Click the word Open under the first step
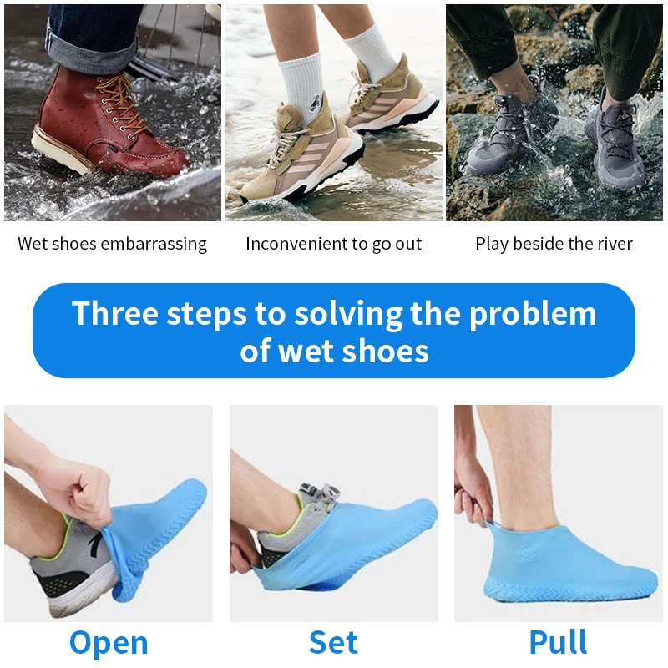point(109,643)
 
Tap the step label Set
point(333,642)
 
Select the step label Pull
point(558,641)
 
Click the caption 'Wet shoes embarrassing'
point(112,244)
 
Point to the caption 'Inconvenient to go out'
point(333,244)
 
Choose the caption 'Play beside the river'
point(554,244)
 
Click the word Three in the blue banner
point(115,313)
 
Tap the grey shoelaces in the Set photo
point(321,495)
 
